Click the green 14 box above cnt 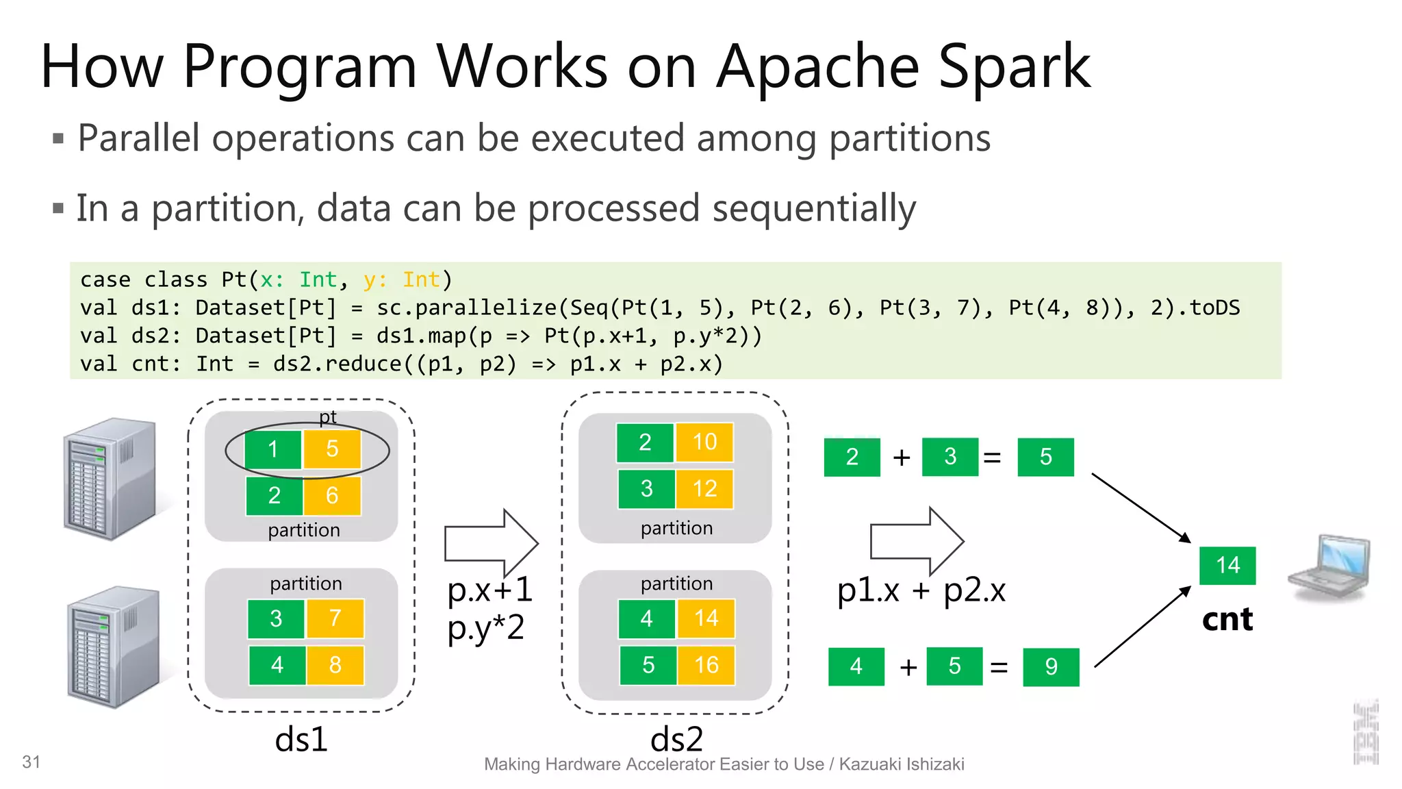pos(1227,566)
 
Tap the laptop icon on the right pos(1329,568)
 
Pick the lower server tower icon pos(114,647)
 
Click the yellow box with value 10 pos(704,442)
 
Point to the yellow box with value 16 pos(706,665)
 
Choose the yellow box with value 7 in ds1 pos(335,618)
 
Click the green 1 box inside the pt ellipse pos(273,449)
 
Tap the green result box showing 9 pos(1051,666)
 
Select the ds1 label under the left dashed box pos(301,740)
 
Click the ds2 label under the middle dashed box pos(676,740)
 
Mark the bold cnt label pos(1227,620)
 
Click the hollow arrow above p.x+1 pos(491,543)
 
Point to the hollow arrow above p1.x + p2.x pos(917,541)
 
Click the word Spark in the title pos(1015,67)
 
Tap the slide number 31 pos(31,762)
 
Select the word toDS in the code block pos(1214,308)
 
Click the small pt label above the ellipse pos(328,417)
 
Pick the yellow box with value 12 pos(704,489)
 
